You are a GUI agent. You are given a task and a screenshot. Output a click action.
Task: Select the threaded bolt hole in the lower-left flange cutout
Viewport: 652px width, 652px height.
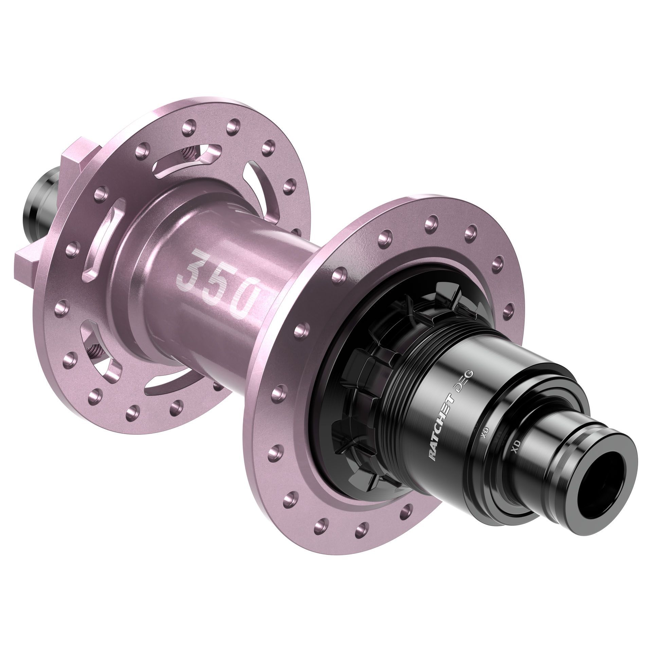pyautogui.click(x=94, y=348)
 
